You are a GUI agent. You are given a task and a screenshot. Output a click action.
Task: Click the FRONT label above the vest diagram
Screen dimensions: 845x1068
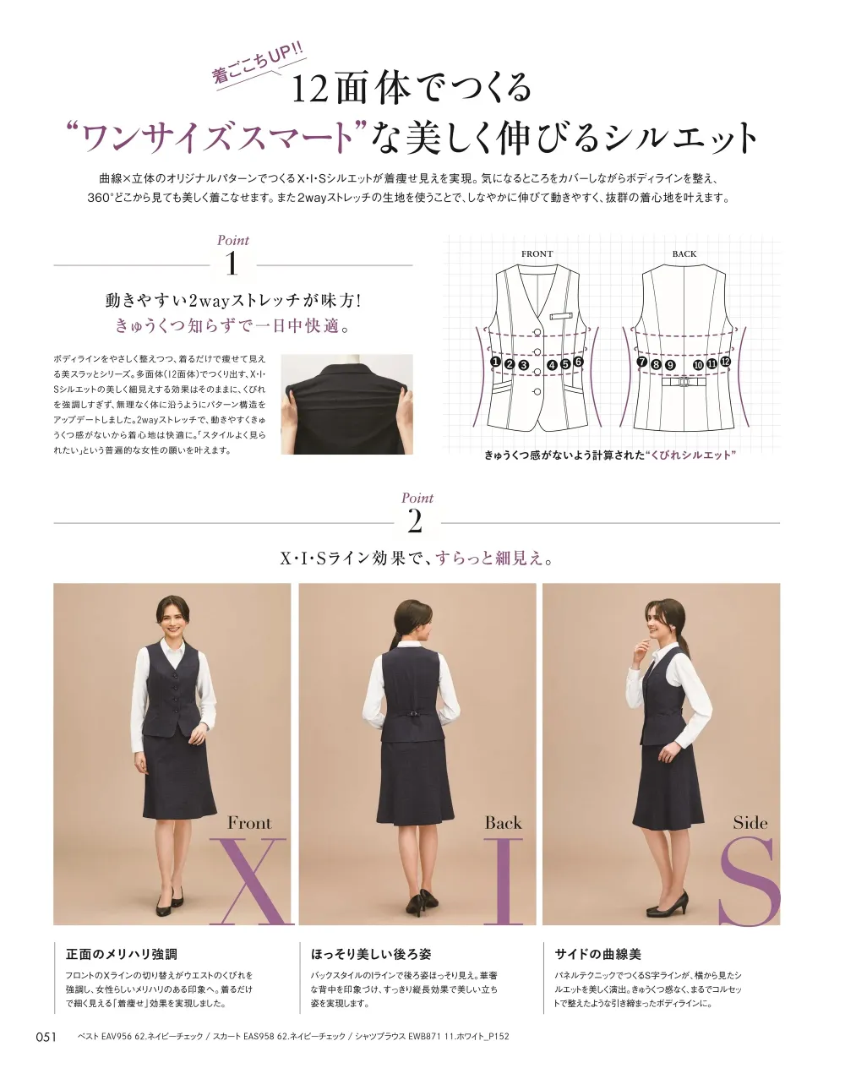tap(537, 254)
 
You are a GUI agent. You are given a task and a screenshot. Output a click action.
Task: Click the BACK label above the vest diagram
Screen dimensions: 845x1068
tap(684, 254)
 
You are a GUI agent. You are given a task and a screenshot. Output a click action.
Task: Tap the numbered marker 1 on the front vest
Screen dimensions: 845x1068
tap(495, 362)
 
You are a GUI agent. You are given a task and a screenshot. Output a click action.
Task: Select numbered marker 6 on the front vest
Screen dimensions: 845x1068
tap(578, 362)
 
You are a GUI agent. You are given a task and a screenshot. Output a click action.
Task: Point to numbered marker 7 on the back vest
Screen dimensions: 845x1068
tap(642, 362)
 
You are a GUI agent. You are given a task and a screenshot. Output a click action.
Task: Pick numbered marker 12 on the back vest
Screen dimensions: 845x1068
tap(725, 362)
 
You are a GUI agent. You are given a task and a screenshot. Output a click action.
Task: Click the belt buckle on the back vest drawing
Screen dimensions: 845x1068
tap(684, 381)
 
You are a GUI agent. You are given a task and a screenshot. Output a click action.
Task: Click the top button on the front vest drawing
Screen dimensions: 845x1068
tap(537, 332)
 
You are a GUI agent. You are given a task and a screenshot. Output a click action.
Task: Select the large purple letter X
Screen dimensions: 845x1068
tap(250, 881)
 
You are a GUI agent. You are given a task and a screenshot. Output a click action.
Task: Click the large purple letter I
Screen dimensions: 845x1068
tap(503, 881)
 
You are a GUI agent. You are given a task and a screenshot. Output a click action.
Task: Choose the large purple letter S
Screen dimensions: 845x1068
tap(749, 881)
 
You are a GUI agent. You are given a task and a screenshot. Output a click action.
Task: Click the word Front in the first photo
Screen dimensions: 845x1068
tap(249, 823)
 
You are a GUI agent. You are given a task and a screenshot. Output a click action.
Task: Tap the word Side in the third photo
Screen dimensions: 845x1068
tap(750, 823)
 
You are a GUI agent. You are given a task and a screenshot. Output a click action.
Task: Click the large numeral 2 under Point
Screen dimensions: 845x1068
tap(415, 522)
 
